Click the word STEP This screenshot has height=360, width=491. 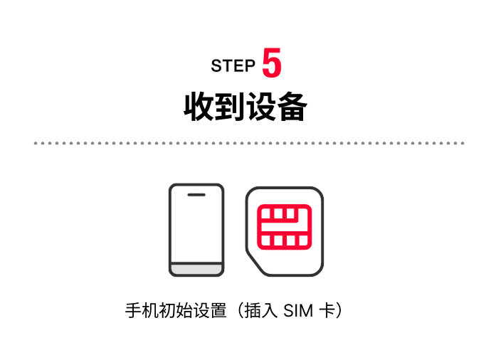click(x=233, y=66)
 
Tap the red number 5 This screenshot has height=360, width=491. click(x=272, y=63)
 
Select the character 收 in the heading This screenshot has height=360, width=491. click(x=199, y=107)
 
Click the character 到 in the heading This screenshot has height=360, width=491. click(x=230, y=107)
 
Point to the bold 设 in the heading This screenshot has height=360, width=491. click(x=261, y=107)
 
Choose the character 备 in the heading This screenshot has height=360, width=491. click(x=292, y=107)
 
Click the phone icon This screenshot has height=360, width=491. click(x=196, y=229)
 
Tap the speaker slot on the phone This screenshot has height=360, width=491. click(x=196, y=194)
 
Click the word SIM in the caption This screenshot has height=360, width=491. click(x=299, y=312)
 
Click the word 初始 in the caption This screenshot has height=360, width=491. click(x=174, y=312)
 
